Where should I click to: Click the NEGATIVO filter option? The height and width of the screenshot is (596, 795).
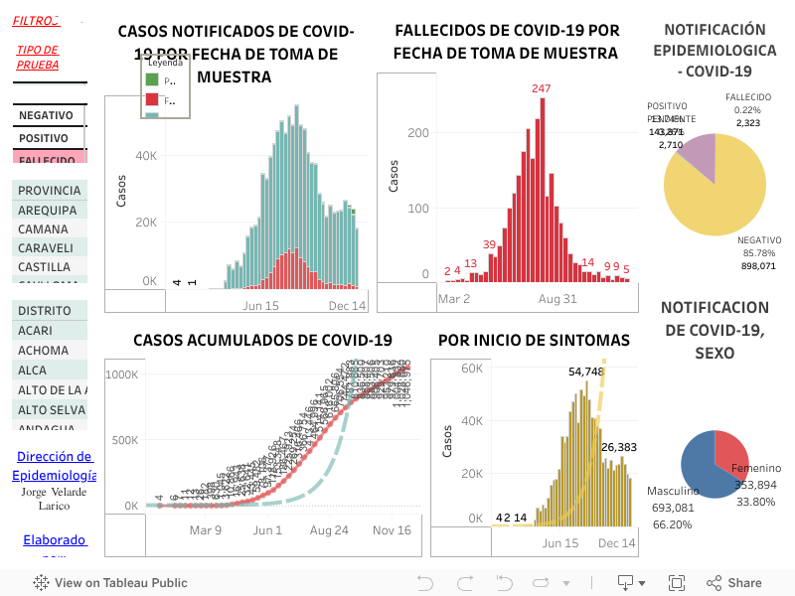coord(46,115)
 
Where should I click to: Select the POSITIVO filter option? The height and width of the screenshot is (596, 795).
coord(44,138)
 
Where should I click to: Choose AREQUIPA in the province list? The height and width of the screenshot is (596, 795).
coord(47,210)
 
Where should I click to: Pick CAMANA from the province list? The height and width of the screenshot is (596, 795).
coord(43,228)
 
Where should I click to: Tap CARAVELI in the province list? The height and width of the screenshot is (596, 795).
coord(46,247)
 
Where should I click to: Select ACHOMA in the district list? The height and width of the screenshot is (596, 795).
coord(44,350)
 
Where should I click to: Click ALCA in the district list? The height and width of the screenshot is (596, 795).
coord(32,370)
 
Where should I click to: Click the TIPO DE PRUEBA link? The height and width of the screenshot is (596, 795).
coord(37,57)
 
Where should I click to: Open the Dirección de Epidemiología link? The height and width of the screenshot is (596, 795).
coord(55,466)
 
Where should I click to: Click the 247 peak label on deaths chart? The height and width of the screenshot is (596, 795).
coord(541,88)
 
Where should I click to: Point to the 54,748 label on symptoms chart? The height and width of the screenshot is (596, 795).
coord(586,372)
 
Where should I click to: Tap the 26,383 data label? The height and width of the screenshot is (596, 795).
coord(619,447)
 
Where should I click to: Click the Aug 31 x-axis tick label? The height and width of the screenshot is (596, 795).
coord(557,298)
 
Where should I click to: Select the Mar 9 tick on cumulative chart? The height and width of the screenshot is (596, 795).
coord(206,530)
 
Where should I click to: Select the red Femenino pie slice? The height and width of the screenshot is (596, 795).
coord(732,450)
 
